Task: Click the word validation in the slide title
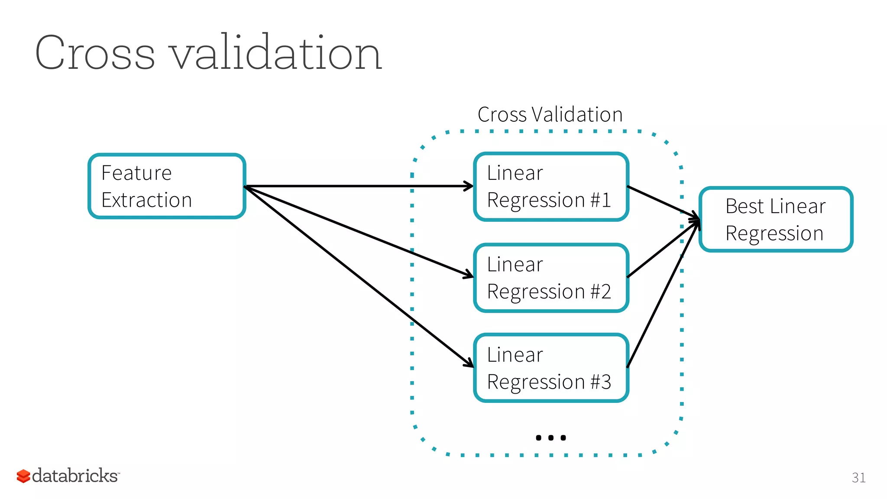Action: coord(276,53)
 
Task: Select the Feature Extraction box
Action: coord(167,186)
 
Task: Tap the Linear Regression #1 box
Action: coord(551,187)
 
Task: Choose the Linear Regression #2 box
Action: coord(551,278)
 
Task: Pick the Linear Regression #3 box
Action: coord(551,368)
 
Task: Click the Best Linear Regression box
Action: coord(776,220)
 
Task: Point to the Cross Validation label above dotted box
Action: coord(550,115)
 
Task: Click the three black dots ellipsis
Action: coord(550,437)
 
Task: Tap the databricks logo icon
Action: coord(23,476)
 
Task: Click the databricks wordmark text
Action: coord(74,476)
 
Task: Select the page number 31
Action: coord(858,478)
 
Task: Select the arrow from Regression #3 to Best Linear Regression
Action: coord(663,295)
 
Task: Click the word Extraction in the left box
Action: coord(146,201)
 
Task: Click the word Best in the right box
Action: coord(744,207)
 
